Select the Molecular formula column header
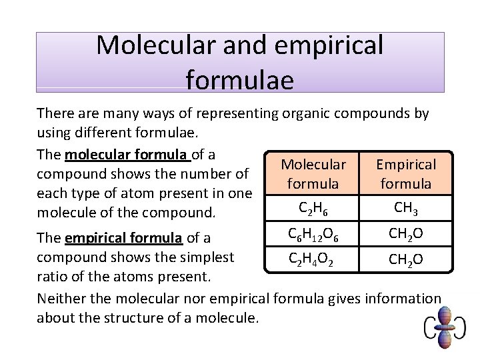pos(313,173)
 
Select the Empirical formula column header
pos(406,173)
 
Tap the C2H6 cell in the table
pos(313,209)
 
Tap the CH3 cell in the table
pos(406,208)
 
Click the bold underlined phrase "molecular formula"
pos(127,155)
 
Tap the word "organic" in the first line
pos(304,113)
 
